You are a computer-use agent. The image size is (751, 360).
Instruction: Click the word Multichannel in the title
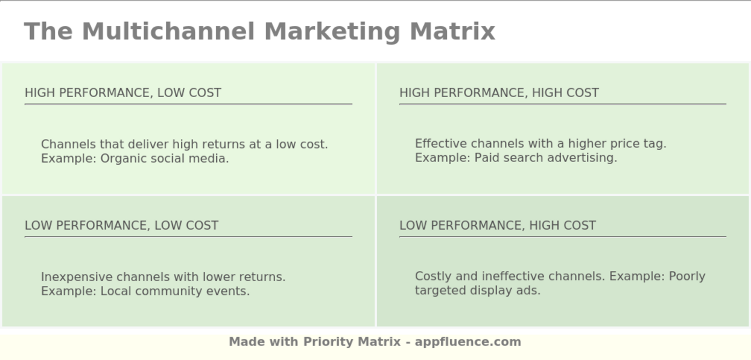168,31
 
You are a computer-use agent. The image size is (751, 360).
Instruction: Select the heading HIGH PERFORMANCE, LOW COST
123,93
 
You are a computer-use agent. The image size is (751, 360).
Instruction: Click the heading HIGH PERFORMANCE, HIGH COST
499,93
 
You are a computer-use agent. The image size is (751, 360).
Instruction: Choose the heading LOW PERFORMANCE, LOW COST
121,225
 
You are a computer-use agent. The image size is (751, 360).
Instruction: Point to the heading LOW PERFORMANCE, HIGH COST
497,225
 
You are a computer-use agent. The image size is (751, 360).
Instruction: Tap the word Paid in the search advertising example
486,158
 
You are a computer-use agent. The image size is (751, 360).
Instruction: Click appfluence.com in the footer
468,342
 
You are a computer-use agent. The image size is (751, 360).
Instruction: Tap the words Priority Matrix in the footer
352,342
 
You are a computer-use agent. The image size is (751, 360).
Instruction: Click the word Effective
438,144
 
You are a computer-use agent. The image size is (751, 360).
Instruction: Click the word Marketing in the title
333,31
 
